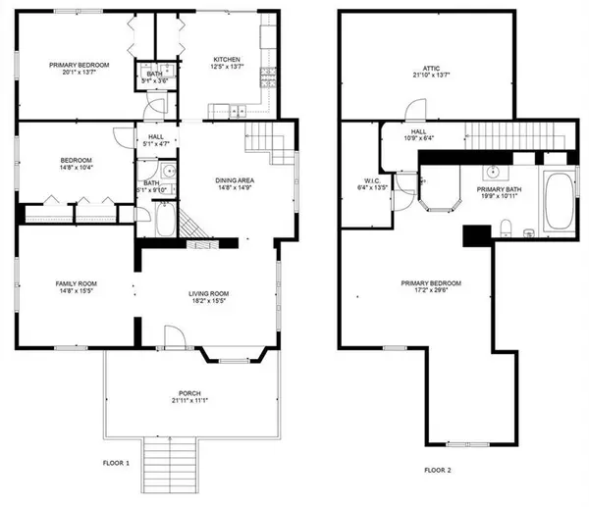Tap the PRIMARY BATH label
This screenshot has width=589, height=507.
499,191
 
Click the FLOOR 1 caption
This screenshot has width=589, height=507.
116,461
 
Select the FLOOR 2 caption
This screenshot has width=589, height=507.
438,470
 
